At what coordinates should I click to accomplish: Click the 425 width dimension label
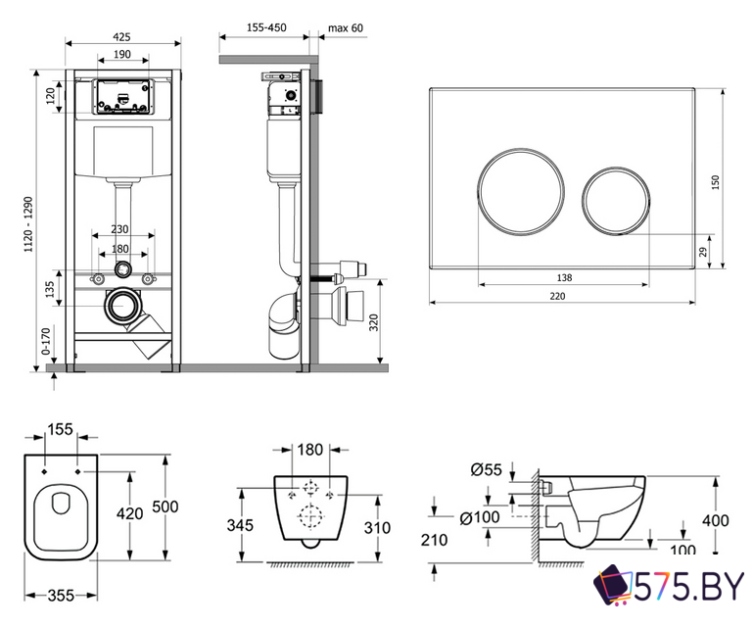point(121,36)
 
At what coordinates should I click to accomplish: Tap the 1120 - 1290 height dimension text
point(28,223)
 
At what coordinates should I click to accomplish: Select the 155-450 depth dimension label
point(266,27)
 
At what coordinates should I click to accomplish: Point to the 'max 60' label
point(346,27)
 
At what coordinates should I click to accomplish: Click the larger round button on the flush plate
point(520,192)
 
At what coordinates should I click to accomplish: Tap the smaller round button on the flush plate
point(616,201)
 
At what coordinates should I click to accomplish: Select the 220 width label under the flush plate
point(557,297)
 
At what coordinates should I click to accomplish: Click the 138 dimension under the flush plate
point(564,277)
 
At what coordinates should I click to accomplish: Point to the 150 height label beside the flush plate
point(716,182)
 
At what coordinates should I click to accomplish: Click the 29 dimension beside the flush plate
point(703,252)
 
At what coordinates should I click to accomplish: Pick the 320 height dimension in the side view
point(374,322)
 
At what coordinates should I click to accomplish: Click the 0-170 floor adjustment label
point(46,341)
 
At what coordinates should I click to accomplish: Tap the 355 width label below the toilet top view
point(61,597)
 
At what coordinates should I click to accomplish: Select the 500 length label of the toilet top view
point(165,506)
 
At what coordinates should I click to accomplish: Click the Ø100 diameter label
point(480,518)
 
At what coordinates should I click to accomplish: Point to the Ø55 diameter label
point(486,469)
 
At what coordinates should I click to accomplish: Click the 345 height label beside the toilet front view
point(240,525)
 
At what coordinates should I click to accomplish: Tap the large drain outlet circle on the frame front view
point(121,306)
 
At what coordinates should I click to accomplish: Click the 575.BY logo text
point(688,587)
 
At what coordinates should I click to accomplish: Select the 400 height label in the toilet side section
point(716,520)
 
